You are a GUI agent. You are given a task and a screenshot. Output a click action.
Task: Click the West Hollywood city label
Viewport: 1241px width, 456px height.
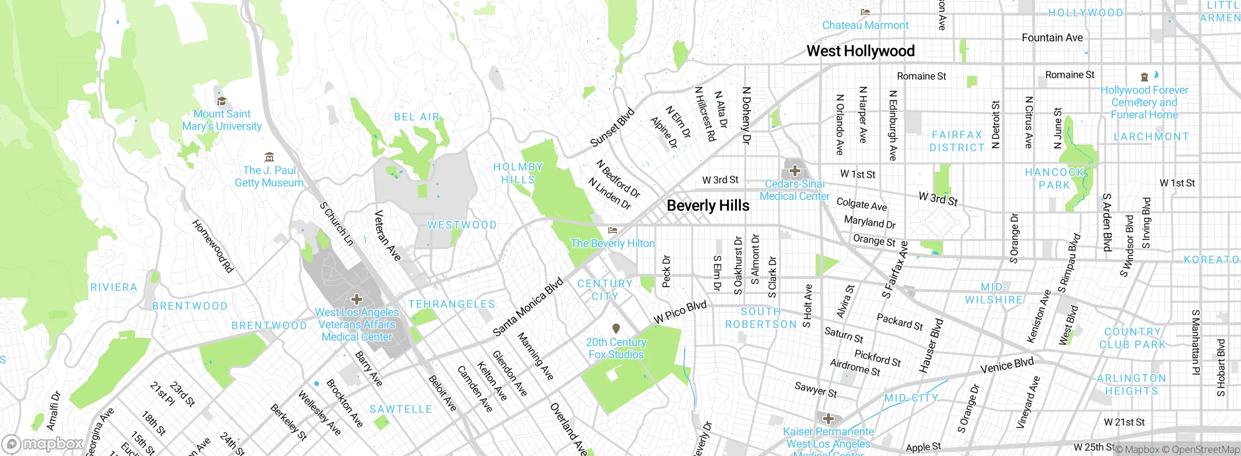click(860, 51)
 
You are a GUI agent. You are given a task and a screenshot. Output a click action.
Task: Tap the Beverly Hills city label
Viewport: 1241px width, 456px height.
click(708, 206)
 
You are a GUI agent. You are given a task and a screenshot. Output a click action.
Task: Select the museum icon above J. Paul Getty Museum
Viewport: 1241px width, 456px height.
click(269, 157)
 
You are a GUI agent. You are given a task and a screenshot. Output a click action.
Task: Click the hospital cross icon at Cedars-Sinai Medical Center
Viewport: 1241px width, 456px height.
click(795, 171)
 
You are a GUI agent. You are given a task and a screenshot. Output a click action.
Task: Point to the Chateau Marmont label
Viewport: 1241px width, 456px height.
click(865, 25)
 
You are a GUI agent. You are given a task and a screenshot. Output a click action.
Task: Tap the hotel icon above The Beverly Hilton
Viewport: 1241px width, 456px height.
click(613, 230)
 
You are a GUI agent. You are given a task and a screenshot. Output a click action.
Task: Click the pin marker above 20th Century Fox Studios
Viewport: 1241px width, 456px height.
click(616, 329)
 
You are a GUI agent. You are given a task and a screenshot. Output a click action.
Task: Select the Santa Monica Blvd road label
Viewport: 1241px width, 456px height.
click(528, 307)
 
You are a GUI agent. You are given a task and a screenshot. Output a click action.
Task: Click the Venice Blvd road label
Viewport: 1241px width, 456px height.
click(1007, 365)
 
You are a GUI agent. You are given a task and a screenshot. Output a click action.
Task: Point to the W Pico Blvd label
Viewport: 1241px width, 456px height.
click(680, 312)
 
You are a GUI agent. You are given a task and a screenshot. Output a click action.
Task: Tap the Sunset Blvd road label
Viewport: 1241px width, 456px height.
click(612, 128)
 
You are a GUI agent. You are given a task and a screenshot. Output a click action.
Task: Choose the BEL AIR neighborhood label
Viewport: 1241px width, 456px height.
click(416, 117)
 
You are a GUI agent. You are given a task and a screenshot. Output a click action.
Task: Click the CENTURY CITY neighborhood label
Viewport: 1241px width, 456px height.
click(605, 290)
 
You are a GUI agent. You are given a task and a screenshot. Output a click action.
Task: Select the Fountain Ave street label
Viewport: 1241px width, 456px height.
click(1052, 38)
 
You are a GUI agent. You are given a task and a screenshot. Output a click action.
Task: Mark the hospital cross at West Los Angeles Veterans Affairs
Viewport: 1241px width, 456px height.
click(356, 299)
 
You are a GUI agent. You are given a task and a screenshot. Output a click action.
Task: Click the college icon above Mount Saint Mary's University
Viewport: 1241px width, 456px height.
click(222, 101)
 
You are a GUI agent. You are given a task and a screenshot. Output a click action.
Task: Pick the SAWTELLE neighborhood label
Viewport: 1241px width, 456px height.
click(400, 409)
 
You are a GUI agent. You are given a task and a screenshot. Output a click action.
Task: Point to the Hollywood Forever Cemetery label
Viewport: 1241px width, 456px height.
click(1144, 102)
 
